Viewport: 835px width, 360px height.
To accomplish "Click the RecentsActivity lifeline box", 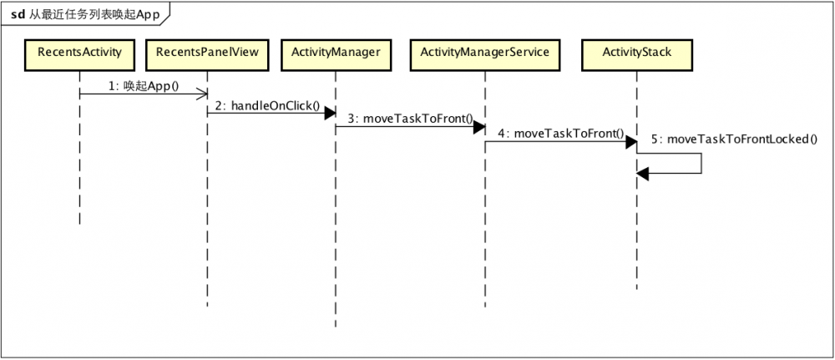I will (x=79, y=52).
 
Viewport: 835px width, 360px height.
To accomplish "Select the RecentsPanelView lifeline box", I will (x=207, y=52).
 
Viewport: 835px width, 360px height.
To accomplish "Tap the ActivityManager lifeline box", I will (x=336, y=52).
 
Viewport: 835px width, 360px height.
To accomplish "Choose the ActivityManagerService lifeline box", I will (x=484, y=52).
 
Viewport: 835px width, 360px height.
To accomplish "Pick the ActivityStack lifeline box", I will (x=636, y=52).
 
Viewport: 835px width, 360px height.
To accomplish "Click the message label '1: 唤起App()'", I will (x=144, y=86).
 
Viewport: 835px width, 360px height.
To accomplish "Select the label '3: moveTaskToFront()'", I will (x=406, y=119).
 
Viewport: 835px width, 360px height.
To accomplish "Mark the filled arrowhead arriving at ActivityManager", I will (x=330, y=112).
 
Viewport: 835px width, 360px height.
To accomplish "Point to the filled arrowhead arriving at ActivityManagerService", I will (x=478, y=126).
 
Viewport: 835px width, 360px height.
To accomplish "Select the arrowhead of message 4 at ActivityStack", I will (x=630, y=141).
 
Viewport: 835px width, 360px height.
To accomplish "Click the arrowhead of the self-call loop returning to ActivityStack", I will (x=642, y=173).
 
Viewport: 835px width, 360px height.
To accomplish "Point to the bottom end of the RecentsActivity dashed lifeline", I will (x=79, y=223).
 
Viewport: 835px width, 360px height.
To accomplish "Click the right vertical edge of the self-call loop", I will (x=701, y=163).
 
